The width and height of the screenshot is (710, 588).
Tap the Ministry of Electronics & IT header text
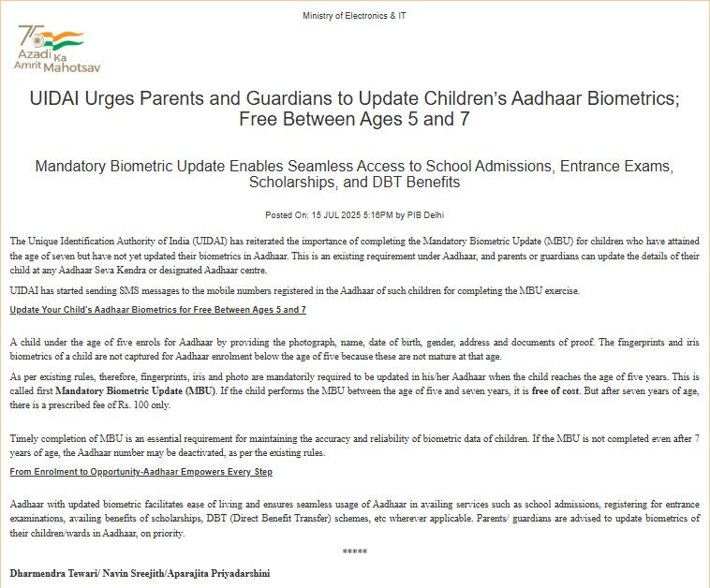pos(355,16)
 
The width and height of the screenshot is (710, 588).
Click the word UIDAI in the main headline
pos(58,98)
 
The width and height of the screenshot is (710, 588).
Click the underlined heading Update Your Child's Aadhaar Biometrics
pos(157,310)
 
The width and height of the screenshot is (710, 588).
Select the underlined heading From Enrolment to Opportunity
pos(141,472)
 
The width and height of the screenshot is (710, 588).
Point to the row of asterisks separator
pos(355,552)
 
